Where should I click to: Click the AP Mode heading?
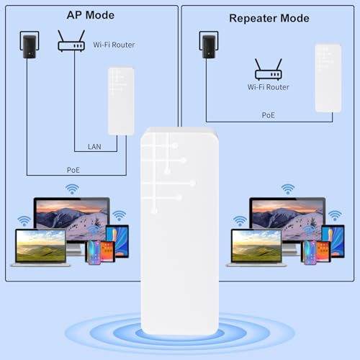click(x=91, y=15)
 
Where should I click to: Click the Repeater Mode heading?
click(x=269, y=19)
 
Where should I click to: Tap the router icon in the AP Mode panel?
click(x=71, y=41)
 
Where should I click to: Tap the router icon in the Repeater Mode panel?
click(x=269, y=69)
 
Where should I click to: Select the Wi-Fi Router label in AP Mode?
click(x=114, y=45)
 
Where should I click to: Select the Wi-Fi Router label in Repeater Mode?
click(x=269, y=87)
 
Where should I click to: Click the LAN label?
click(x=94, y=147)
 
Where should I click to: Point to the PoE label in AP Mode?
click(x=73, y=170)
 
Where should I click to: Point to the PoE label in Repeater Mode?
click(x=269, y=115)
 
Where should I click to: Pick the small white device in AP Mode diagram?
click(x=121, y=102)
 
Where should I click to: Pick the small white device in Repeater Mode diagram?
click(x=328, y=78)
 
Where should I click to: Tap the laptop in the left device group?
click(x=40, y=248)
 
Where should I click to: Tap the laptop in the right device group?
click(x=256, y=248)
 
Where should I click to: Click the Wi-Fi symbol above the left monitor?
click(x=72, y=189)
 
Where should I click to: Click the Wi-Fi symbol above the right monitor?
click(x=288, y=189)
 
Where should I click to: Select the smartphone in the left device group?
click(x=94, y=252)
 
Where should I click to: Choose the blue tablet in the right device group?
click(x=333, y=241)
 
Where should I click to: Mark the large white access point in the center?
click(x=179, y=231)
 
